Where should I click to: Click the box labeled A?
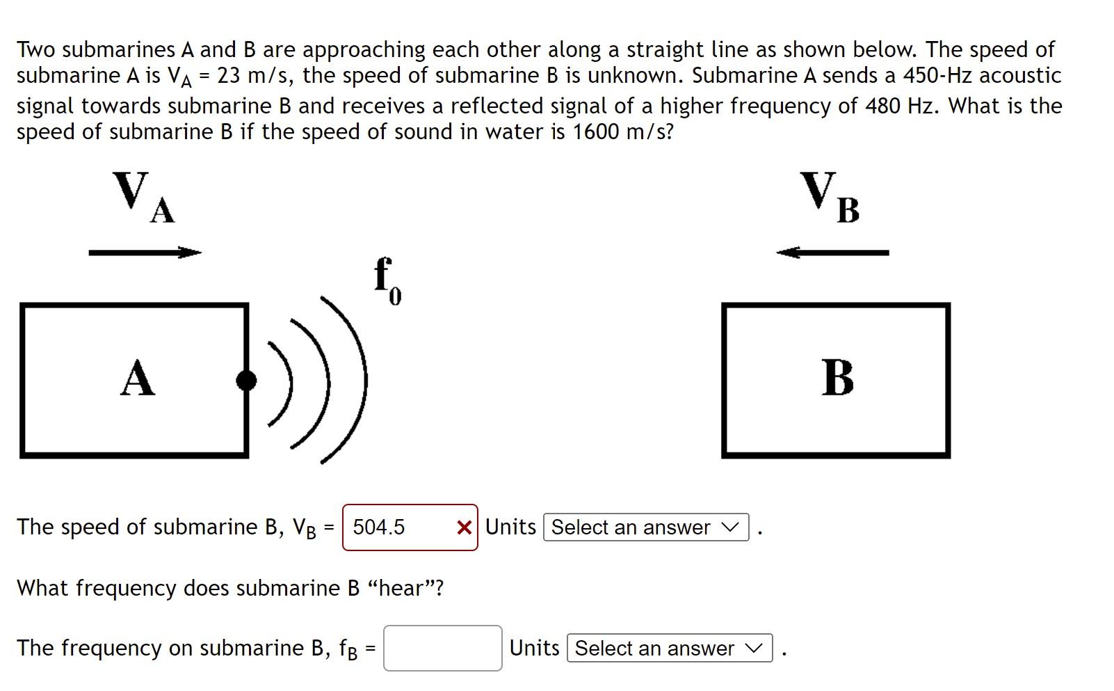pyautogui.click(x=135, y=380)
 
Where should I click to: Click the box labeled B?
pyautogui.click(x=836, y=380)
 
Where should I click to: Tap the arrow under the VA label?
pyautogui.click(x=145, y=253)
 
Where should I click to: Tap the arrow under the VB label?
pyautogui.click(x=832, y=253)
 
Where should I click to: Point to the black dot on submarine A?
pyautogui.click(x=246, y=380)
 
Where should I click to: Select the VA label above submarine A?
pyautogui.click(x=144, y=198)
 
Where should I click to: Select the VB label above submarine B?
pyautogui.click(x=830, y=198)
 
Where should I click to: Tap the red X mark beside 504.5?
pyautogui.click(x=464, y=527)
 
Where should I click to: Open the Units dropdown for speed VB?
pyautogui.click(x=645, y=527)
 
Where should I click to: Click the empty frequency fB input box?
pyautogui.click(x=442, y=648)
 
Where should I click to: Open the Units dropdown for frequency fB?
pyautogui.click(x=669, y=648)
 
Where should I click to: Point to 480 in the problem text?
pyautogui.click(x=883, y=106)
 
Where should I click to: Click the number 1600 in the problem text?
pyautogui.click(x=595, y=132)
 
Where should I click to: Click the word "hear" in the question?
pyautogui.click(x=406, y=588)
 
